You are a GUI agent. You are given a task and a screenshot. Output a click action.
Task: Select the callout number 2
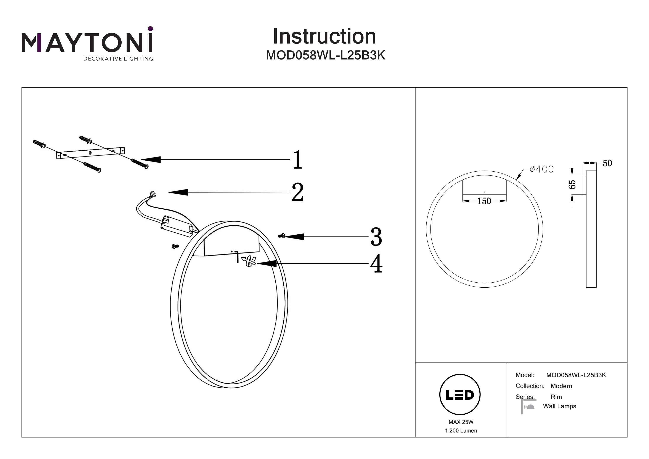(x=298, y=192)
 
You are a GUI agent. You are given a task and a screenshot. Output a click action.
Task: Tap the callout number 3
(x=376, y=237)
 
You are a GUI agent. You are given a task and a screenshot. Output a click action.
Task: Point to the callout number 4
(x=376, y=264)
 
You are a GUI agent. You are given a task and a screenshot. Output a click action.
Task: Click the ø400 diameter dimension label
(x=541, y=169)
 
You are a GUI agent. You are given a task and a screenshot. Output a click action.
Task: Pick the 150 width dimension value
(x=484, y=201)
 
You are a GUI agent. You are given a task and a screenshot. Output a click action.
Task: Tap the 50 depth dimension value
(x=607, y=163)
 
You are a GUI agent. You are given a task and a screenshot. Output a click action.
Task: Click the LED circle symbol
(x=460, y=395)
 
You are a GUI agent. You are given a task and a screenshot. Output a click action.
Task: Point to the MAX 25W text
(x=461, y=422)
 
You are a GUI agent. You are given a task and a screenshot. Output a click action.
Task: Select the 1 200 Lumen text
(x=461, y=431)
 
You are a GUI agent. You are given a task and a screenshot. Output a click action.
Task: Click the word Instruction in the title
(x=324, y=36)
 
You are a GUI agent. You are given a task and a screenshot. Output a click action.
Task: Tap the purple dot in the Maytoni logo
(x=150, y=29)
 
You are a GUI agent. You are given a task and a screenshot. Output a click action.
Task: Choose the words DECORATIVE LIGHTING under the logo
(x=118, y=59)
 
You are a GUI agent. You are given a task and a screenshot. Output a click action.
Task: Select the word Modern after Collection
(x=561, y=386)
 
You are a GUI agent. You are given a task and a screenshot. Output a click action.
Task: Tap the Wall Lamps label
(x=559, y=406)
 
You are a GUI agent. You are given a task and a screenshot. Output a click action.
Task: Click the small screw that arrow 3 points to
(x=281, y=236)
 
